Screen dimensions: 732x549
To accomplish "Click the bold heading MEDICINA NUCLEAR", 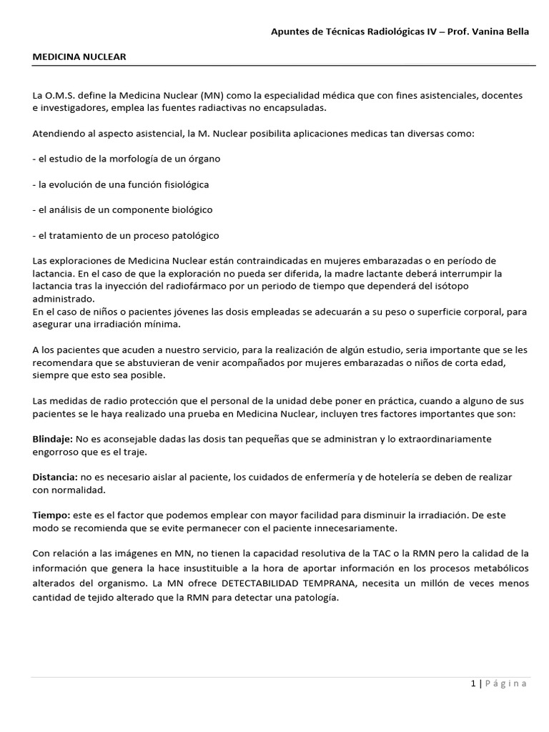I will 79,56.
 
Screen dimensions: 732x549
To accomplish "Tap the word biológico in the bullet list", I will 186,209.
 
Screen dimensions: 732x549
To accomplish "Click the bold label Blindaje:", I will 52,438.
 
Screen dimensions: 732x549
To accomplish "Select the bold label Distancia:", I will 55,477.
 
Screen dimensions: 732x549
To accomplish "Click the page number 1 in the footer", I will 473,683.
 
